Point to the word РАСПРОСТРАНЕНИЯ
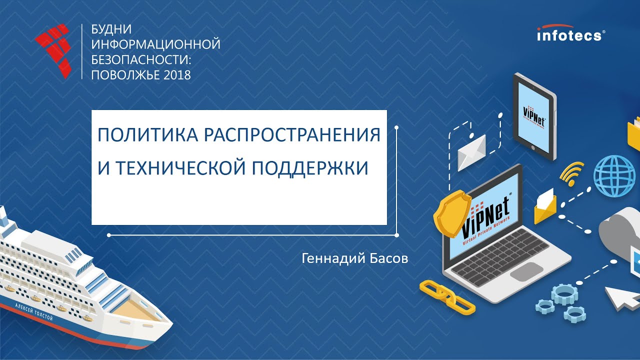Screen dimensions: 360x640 click(x=288, y=135)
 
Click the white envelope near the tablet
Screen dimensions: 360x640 click(x=471, y=152)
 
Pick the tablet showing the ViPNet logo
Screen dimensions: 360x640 click(x=534, y=116)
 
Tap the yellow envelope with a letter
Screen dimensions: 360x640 click(x=545, y=206)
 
